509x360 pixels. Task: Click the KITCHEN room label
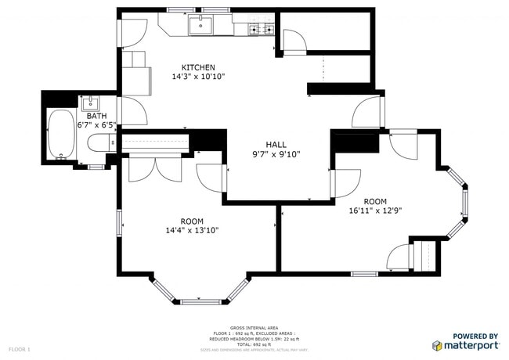pyautogui.click(x=198, y=67)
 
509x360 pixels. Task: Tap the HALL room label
pyautogui.click(x=276, y=145)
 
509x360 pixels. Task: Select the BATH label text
pyautogui.click(x=96, y=115)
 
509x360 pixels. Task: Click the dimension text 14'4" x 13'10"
pyautogui.click(x=192, y=230)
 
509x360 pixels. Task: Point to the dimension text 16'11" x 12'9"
pyautogui.click(x=377, y=210)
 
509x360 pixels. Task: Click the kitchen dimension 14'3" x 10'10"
pyautogui.click(x=198, y=77)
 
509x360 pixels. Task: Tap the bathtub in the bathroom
pyautogui.click(x=59, y=135)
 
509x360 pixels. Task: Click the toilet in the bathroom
pyautogui.click(x=100, y=143)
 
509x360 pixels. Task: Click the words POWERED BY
pyautogui.click(x=476, y=335)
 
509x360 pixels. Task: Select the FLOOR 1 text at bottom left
pyautogui.click(x=19, y=348)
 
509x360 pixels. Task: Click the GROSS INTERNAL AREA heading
pyautogui.click(x=254, y=328)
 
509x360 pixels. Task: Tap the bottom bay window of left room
pyautogui.click(x=201, y=301)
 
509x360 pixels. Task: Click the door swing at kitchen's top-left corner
pyautogui.click(x=132, y=31)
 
